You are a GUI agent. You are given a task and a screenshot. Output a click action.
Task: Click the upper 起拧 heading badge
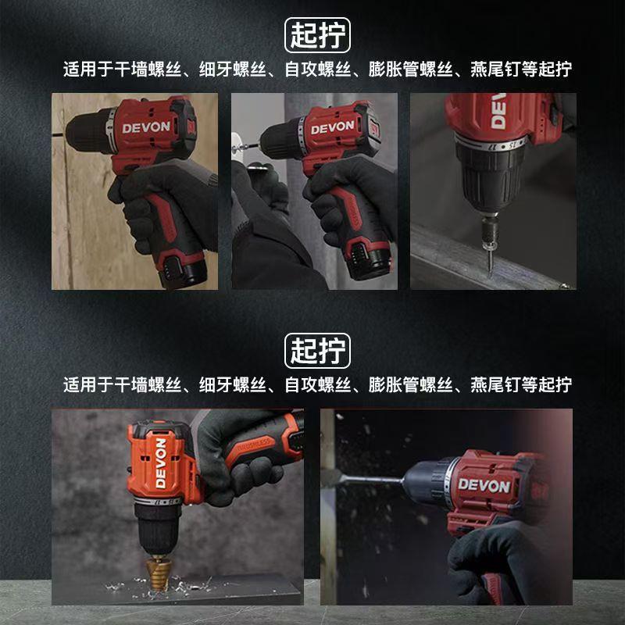(x=316, y=35)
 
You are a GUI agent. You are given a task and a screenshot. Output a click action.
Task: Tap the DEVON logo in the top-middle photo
(x=333, y=127)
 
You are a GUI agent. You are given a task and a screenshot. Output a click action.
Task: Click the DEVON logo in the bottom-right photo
(x=484, y=486)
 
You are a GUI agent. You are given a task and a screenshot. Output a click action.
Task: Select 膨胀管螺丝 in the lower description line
(x=410, y=384)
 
